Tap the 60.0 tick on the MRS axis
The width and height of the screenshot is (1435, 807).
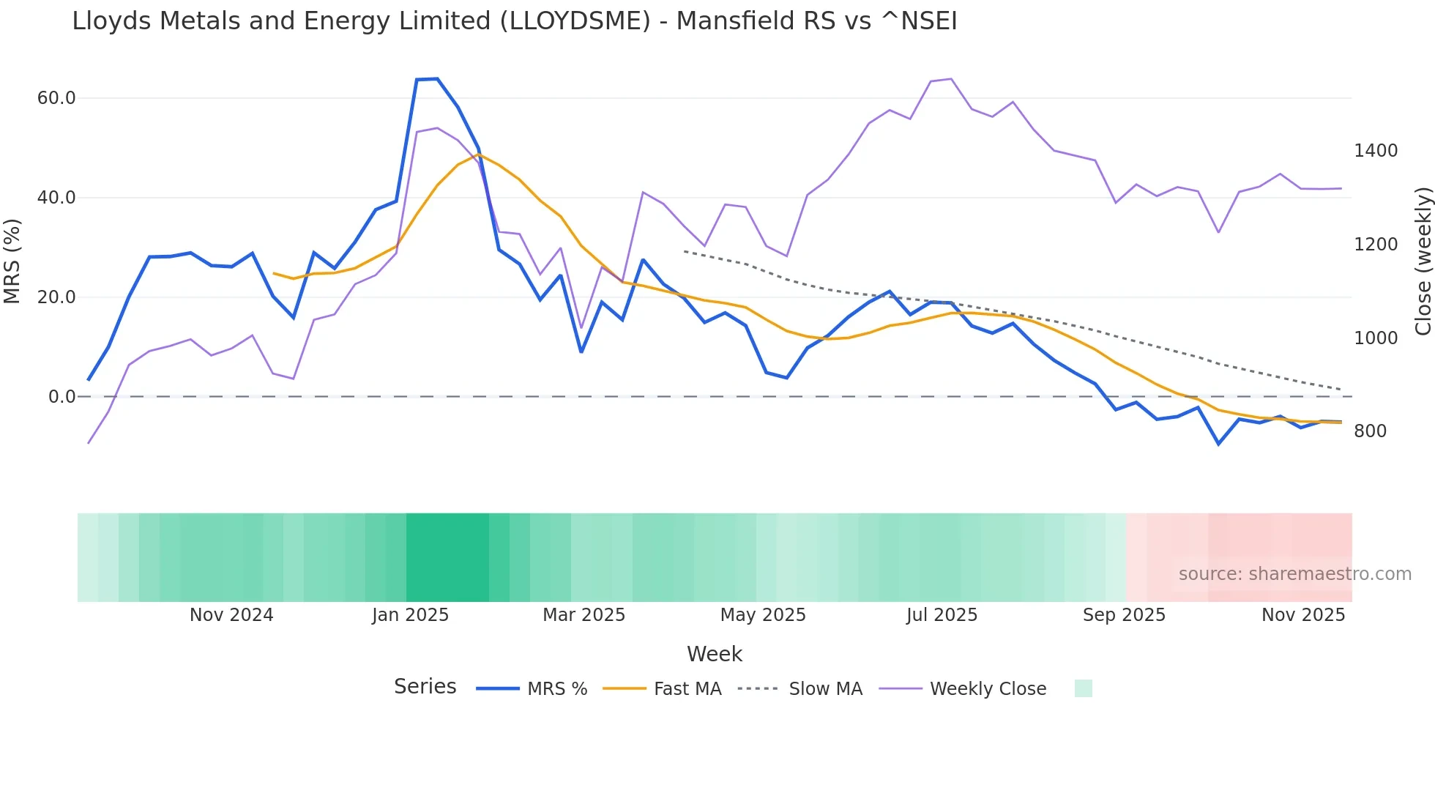(56, 98)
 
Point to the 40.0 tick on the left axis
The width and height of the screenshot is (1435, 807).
(56, 198)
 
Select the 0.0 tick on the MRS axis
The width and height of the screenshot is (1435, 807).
(61, 397)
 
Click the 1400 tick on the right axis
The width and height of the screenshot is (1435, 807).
(1376, 151)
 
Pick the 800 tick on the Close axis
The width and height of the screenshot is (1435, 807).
(1370, 431)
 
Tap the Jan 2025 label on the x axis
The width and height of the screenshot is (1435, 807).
(410, 615)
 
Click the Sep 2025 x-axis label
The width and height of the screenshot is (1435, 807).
(1124, 615)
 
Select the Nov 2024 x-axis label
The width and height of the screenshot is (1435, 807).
(231, 615)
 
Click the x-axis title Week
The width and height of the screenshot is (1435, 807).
(715, 654)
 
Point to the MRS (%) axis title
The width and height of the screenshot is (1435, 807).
(12, 261)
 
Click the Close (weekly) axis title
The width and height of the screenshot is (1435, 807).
(1423, 261)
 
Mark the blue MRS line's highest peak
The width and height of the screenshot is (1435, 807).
(437, 79)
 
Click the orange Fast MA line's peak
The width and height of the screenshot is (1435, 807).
(478, 155)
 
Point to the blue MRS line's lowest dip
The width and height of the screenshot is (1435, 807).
(1218, 444)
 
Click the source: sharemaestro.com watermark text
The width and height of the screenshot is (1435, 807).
(1294, 574)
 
